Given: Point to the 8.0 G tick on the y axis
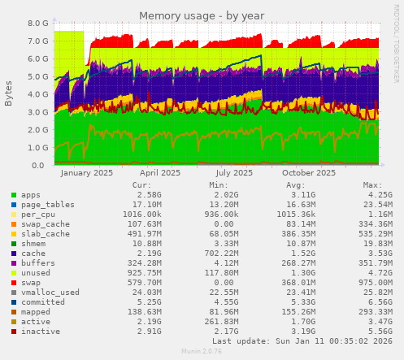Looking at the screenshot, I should [38, 24].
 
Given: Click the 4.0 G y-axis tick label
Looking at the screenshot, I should [38, 94].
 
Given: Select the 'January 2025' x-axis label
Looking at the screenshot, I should [86, 172].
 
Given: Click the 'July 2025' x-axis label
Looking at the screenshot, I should [234, 172].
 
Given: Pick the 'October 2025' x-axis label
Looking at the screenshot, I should [308, 172].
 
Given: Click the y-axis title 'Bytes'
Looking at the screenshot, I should [9, 93].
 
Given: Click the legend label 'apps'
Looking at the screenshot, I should [31, 195].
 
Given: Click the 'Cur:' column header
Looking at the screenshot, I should [141, 184].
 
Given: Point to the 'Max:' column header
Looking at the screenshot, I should [372, 184].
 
